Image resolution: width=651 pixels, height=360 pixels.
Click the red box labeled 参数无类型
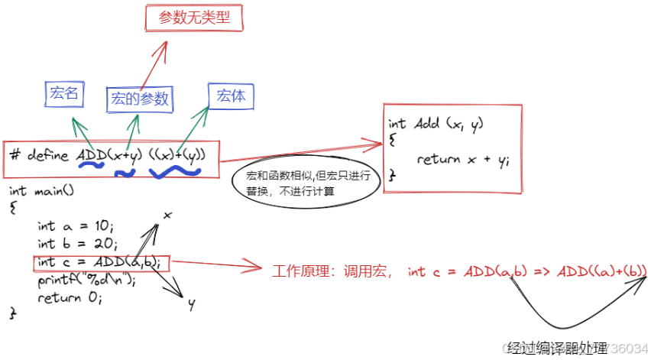(194, 18)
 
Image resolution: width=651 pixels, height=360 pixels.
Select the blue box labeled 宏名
(64, 94)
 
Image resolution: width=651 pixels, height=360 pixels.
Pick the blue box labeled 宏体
(231, 96)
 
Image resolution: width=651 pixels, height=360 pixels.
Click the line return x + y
(463, 159)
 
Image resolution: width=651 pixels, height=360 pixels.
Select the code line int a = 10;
(75, 226)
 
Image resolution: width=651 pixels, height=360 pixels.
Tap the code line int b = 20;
(75, 244)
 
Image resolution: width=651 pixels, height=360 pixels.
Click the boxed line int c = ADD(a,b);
(100, 262)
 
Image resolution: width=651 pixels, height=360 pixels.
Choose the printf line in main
(86, 280)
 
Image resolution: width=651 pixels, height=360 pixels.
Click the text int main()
(42, 190)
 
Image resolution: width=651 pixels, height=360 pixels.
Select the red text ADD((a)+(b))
(602, 271)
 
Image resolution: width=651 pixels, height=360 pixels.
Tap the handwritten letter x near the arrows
(167, 216)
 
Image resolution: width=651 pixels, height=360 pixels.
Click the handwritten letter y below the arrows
(191, 304)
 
